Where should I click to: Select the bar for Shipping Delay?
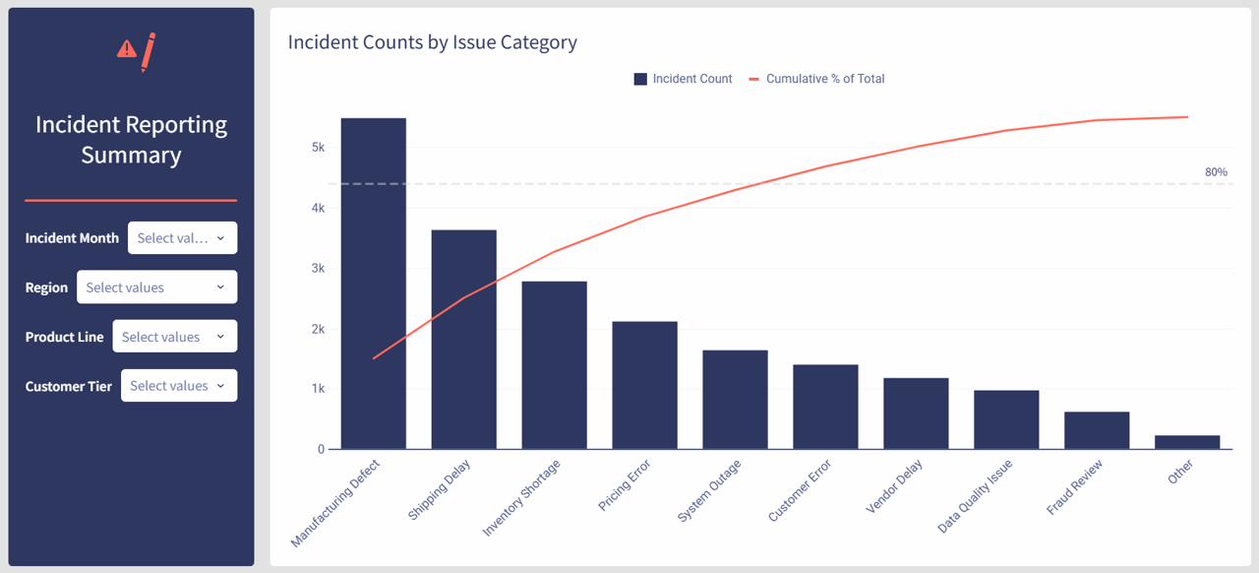[x=464, y=340]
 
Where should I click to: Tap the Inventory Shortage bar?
[x=555, y=365]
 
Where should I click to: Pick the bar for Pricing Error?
[x=644, y=385]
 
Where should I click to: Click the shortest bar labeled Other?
[x=1187, y=442]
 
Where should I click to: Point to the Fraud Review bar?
[x=1097, y=430]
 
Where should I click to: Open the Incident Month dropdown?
[x=182, y=238]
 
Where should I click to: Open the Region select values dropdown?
[x=156, y=287]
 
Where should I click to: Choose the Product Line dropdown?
[x=174, y=337]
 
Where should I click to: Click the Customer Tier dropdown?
[x=178, y=386]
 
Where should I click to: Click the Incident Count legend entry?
[x=684, y=79]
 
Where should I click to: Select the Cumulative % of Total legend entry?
[x=817, y=79]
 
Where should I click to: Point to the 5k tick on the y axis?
[x=319, y=148]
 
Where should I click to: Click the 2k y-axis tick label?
[x=319, y=329]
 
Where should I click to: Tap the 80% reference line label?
[x=1216, y=172]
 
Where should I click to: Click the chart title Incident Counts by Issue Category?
[x=432, y=42]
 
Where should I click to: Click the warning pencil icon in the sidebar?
[x=136, y=51]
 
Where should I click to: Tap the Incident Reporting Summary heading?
[x=131, y=140]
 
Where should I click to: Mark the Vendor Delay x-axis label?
[x=895, y=487]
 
